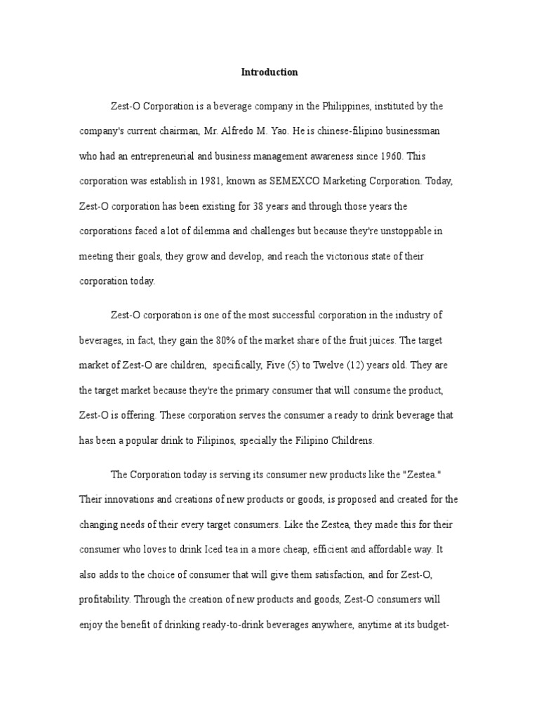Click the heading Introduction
[269, 72]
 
